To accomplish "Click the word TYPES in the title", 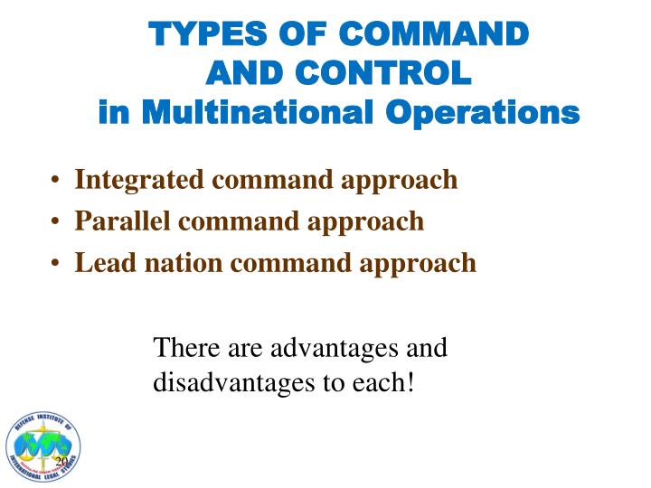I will click(193, 33).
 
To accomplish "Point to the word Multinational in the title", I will click(251, 114).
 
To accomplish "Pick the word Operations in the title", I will click(486, 114).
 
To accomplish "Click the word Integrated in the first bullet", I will click(138, 180).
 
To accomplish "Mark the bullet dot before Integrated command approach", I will click(57, 181).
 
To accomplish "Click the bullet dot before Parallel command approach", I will click(57, 221).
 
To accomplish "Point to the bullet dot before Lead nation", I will click(57, 263).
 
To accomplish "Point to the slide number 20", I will click(61, 462).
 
